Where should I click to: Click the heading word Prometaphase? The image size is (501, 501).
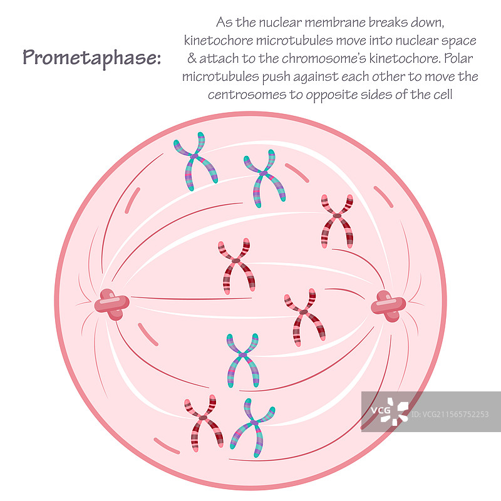[91, 58]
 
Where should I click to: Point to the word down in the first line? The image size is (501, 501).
[429, 23]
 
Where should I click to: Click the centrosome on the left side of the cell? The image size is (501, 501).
[112, 304]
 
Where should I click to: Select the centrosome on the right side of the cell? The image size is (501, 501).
[388, 306]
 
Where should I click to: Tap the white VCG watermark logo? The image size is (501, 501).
[388, 411]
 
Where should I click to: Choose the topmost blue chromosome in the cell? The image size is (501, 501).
[195, 160]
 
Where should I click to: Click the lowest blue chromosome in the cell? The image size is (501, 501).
[252, 427]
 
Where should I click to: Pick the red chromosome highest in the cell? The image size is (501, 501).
[337, 219]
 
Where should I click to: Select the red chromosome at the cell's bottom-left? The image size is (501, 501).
[204, 422]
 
